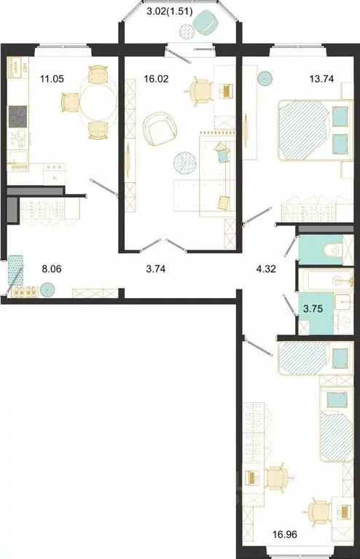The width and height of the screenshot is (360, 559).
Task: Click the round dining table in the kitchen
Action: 98,103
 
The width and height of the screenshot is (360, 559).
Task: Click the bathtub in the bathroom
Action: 321,280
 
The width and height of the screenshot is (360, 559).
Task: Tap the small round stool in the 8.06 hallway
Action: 48,290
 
